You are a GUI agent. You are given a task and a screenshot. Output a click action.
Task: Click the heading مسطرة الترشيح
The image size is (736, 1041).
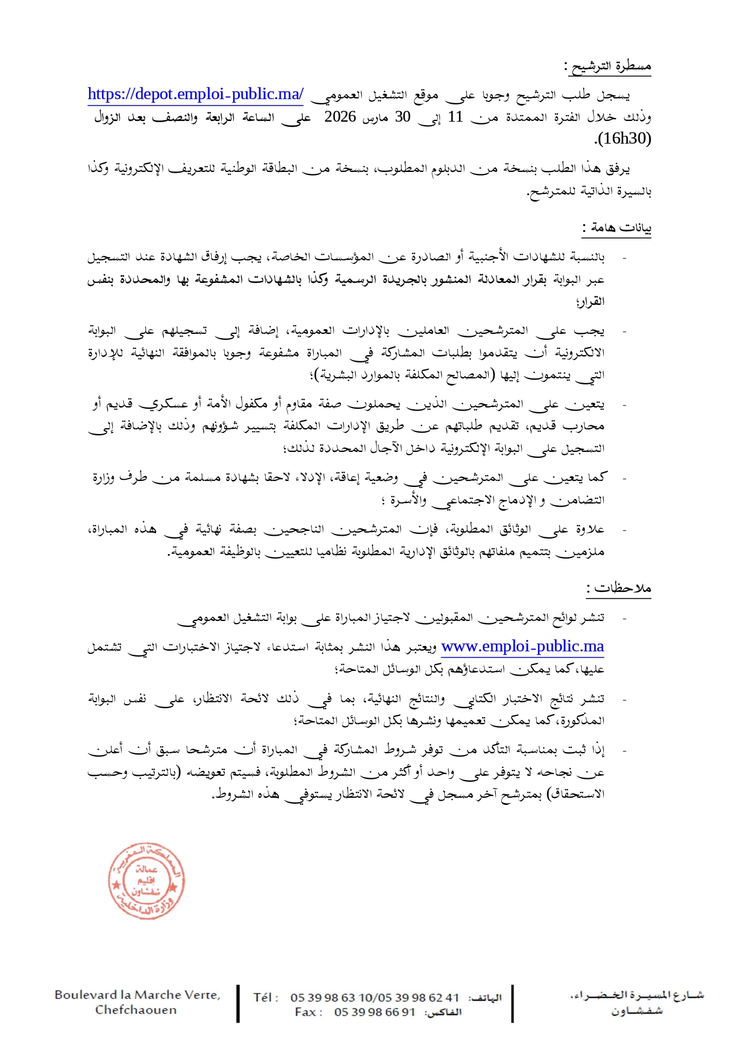(610, 66)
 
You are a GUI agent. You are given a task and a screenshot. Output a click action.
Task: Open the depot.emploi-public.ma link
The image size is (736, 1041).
(196, 94)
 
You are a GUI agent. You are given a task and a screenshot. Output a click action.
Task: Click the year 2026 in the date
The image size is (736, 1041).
(340, 117)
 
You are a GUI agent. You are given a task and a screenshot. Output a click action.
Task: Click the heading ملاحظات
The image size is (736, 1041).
(620, 588)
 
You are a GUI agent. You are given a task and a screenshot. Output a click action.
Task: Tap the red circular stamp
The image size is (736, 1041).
(146, 881)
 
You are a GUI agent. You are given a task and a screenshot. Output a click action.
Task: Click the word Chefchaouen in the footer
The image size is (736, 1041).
(136, 1010)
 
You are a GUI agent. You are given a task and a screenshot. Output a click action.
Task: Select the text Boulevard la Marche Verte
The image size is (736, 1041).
(137, 995)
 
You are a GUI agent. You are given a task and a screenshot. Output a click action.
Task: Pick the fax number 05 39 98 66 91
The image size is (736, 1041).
(374, 1013)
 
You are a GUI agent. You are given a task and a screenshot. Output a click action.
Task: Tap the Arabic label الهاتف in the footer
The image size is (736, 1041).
(485, 998)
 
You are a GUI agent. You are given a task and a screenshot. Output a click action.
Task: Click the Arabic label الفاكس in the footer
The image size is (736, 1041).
(443, 1013)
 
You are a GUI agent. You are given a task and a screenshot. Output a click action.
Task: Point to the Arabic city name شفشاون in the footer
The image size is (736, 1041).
(637, 1011)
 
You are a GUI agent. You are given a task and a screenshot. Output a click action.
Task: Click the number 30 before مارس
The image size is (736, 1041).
(403, 117)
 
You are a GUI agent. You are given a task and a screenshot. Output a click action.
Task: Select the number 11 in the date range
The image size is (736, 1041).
(455, 117)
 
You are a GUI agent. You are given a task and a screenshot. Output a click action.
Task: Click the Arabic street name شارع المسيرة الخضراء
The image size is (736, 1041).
(637, 995)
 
